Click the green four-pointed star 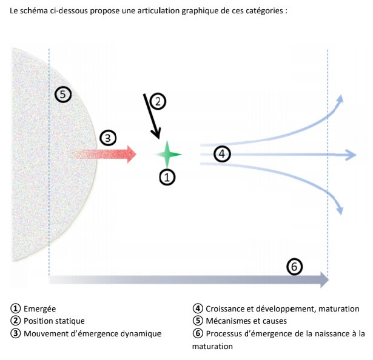pyautogui.click(x=167, y=154)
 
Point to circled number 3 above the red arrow pyautogui.click(x=107, y=138)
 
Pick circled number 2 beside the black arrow pyautogui.click(x=157, y=101)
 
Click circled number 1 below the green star pyautogui.click(x=167, y=176)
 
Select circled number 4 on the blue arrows pyautogui.click(x=223, y=154)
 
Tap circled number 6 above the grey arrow pyautogui.click(x=294, y=266)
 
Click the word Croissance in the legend pyautogui.click(x=226, y=309)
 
